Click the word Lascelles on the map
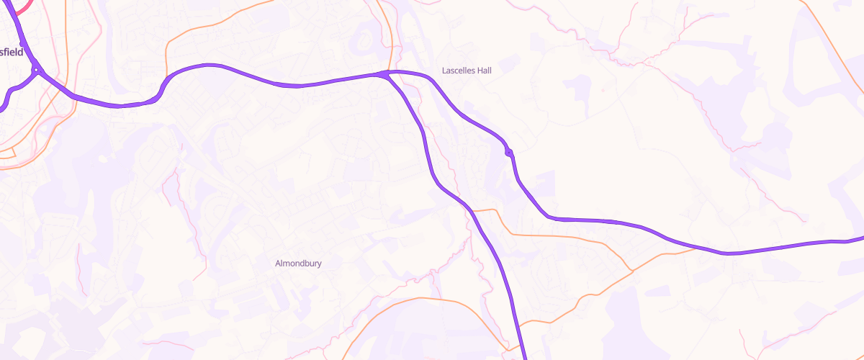point(459,71)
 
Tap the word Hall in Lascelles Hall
point(484,71)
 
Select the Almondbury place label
point(298,264)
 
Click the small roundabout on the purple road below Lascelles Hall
point(509,152)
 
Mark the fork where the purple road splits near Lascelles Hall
point(387,73)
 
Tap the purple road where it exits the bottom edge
point(523,356)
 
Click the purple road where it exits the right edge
point(860,238)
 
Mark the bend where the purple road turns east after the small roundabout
point(549,215)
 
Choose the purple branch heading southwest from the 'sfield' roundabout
point(9,94)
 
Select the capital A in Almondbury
point(279,264)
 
